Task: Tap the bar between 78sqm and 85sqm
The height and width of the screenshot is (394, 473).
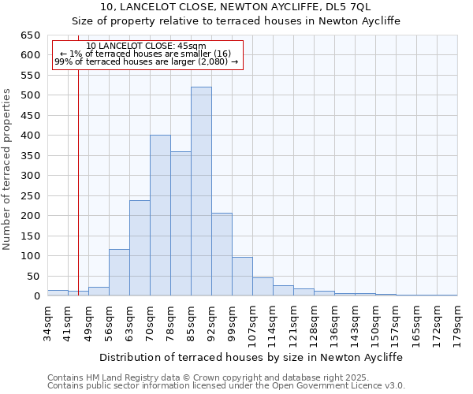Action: click(x=181, y=224)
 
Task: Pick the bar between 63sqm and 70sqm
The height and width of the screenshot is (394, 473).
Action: click(x=140, y=248)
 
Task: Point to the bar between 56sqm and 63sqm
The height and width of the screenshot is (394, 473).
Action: click(x=119, y=273)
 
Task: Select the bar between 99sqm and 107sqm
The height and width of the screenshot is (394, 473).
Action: click(x=242, y=277)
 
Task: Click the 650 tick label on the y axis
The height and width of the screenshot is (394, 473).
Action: click(x=30, y=35)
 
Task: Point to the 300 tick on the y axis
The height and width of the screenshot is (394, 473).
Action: click(x=30, y=176)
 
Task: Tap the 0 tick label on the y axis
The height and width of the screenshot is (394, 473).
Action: click(x=37, y=296)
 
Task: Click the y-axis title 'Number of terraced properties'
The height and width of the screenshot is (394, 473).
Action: click(x=8, y=169)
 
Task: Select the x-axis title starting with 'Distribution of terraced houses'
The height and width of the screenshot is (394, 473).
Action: click(x=252, y=357)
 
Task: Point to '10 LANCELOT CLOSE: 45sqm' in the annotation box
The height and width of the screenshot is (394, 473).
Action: click(x=146, y=46)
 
